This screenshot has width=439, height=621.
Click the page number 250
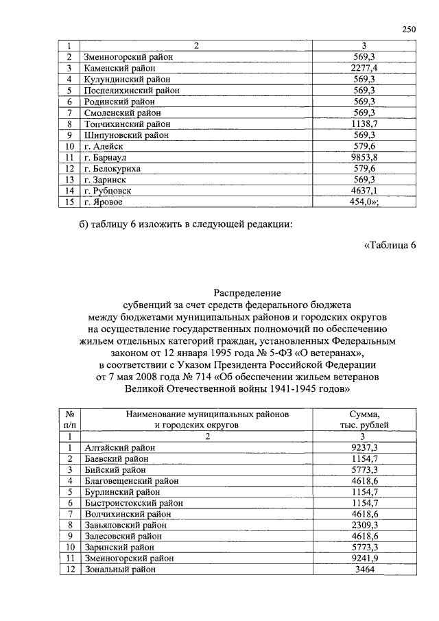click(409, 29)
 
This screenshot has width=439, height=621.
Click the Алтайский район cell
click(116, 447)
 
